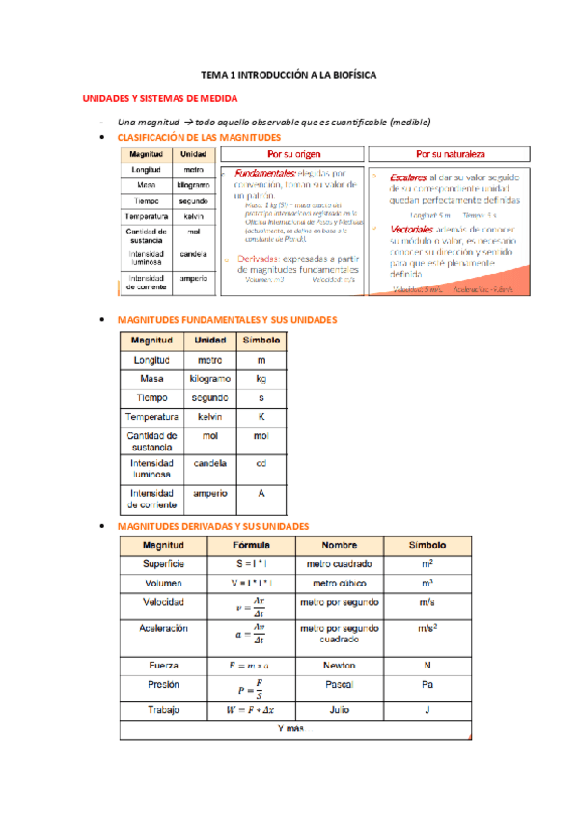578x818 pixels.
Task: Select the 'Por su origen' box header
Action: [x=293, y=153]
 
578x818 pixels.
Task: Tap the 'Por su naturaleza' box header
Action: [x=450, y=153]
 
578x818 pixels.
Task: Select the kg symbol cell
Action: [x=261, y=378]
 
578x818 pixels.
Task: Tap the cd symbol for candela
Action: [x=261, y=464]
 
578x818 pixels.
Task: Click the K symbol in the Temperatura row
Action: [x=261, y=417]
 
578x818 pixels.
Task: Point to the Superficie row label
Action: [x=162, y=563]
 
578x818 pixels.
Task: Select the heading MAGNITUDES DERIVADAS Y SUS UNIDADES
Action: [x=212, y=526]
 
